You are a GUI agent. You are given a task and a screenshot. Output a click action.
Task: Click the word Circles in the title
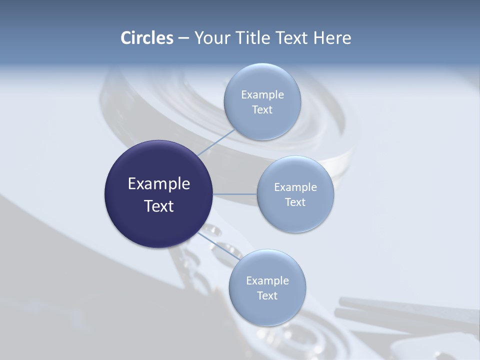146,38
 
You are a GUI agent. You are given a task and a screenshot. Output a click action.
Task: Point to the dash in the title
183,38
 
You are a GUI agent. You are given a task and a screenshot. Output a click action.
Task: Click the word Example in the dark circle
159,184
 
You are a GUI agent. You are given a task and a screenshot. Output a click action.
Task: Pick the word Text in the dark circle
159,206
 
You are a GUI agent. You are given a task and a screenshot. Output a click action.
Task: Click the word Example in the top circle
262,95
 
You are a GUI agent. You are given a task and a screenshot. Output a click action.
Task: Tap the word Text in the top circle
262,110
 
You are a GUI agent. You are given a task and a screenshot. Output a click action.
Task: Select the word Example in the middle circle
295,187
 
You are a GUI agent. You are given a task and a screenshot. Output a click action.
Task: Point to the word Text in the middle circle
295,202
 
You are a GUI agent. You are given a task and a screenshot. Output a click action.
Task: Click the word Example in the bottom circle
267,281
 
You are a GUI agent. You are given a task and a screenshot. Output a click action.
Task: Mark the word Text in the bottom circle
267,296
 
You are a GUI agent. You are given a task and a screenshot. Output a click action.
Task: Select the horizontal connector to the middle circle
235,194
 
